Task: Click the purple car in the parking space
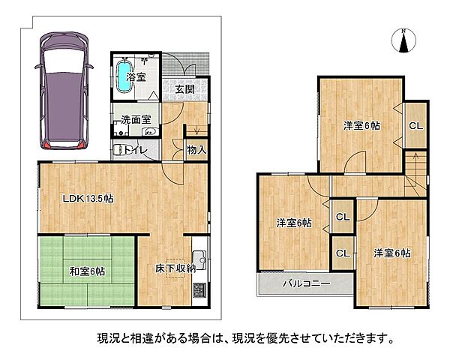point(65,89)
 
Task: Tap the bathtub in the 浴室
point(124,76)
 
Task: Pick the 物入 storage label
point(196,150)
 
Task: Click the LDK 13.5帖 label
point(87,199)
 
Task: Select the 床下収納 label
point(175,268)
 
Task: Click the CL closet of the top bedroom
point(414,126)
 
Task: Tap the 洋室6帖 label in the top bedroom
point(361,126)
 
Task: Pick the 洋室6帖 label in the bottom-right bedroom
point(391,253)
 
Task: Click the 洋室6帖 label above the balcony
point(294,223)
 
